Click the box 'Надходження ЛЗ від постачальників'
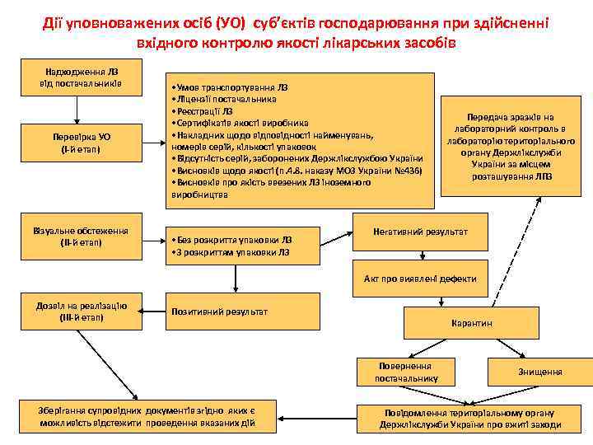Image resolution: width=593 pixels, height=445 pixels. coord(80,76)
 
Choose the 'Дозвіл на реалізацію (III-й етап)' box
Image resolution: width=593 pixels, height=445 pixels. coord(80,311)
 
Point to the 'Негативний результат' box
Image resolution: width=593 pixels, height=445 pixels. coord(420,232)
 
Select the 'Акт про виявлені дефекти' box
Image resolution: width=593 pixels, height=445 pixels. coord(420,279)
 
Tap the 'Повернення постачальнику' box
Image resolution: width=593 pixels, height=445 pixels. coord(407,372)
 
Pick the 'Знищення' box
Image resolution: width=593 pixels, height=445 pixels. coord(539,372)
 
